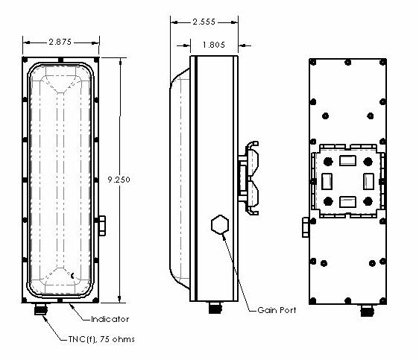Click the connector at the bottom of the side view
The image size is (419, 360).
[x=215, y=308]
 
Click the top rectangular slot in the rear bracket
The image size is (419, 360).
[x=346, y=160]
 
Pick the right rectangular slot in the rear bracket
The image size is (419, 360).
[x=367, y=180]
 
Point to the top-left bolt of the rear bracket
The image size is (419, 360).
[x=326, y=160]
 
